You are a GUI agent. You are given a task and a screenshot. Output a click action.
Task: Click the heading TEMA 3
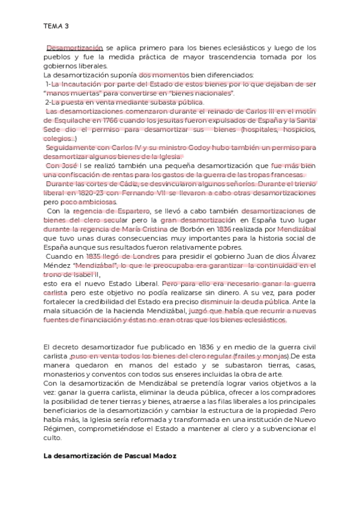click(x=56, y=26)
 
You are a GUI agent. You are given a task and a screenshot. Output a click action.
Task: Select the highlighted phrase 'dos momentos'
click(x=158, y=75)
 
